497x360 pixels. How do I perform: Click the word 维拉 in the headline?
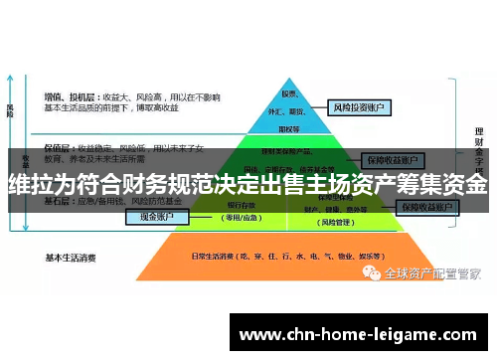pos(32,185)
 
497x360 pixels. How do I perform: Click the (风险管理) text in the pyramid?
pos(329,220)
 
